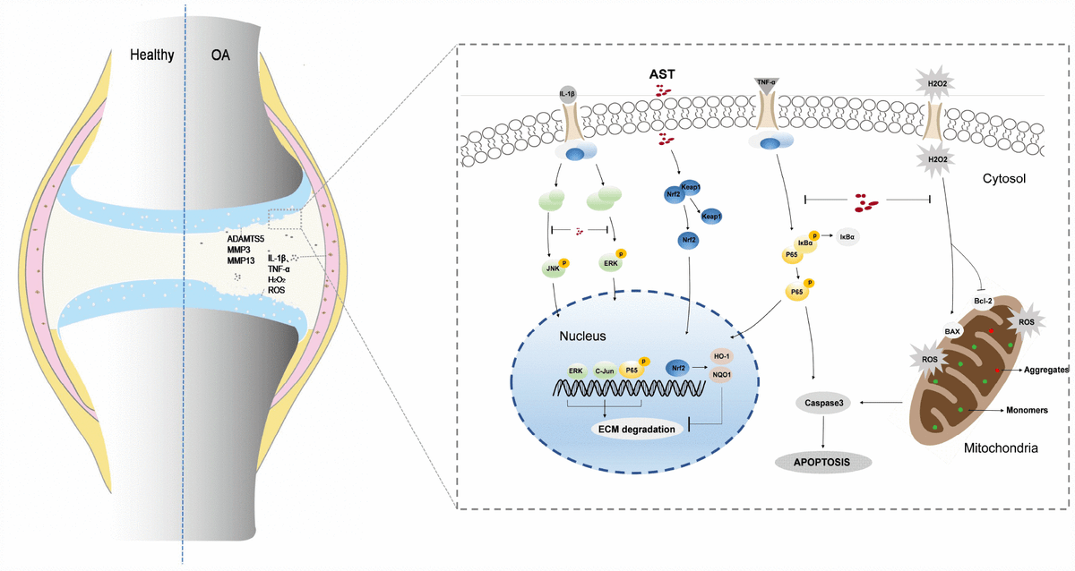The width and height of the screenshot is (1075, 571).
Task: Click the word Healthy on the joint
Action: [x=151, y=55]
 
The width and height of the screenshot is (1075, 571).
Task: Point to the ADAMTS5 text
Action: [x=249, y=239]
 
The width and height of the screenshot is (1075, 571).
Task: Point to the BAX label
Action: [x=951, y=331]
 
